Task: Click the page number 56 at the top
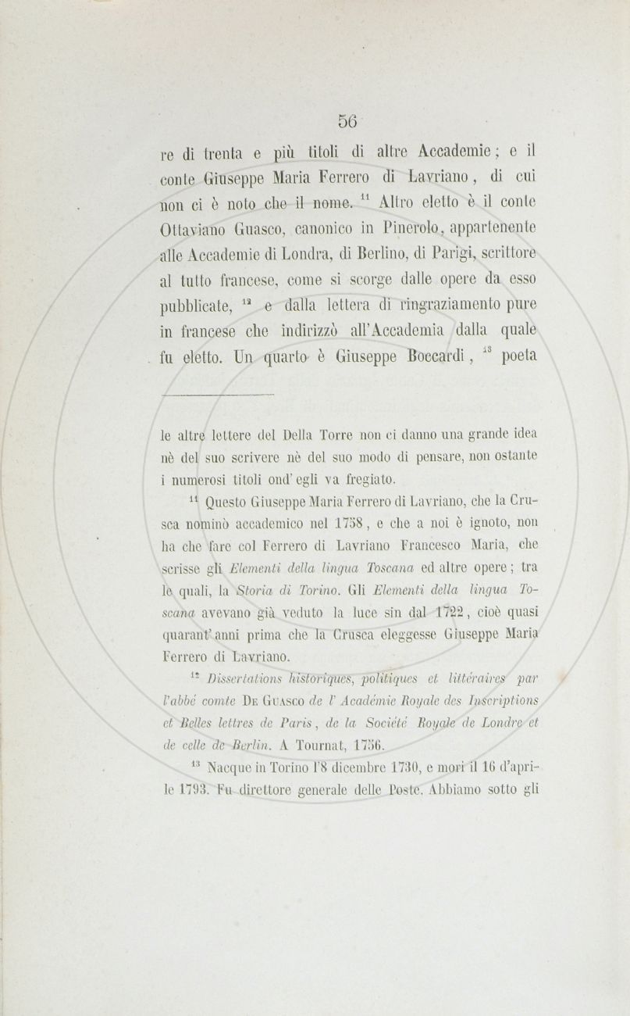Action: [x=347, y=121]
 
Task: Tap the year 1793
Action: [x=191, y=789]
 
